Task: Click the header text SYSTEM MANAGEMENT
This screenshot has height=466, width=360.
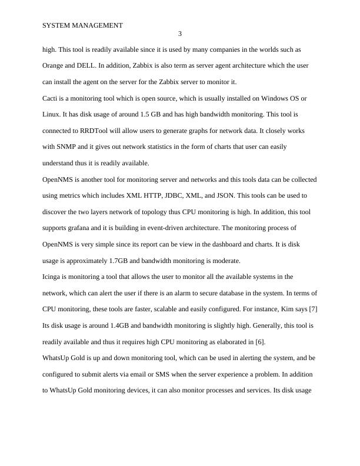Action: (x=83, y=25)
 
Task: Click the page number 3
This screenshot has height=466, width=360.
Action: (x=180, y=34)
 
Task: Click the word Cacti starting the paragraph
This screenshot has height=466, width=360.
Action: (x=52, y=98)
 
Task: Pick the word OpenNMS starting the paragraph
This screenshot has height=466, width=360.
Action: (x=58, y=179)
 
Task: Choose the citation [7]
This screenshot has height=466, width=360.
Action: (x=313, y=309)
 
